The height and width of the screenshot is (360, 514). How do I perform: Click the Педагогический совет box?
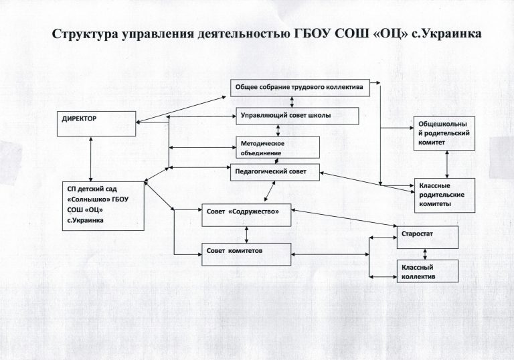(x=274, y=172)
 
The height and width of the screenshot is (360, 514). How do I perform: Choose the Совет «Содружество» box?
(x=246, y=213)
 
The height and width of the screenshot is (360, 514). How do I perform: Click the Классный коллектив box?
(x=427, y=270)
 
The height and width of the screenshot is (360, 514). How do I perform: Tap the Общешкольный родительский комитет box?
(x=443, y=133)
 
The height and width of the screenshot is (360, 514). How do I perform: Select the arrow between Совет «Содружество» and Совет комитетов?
(x=248, y=232)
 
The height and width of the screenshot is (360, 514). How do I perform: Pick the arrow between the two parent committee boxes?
(x=446, y=164)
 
